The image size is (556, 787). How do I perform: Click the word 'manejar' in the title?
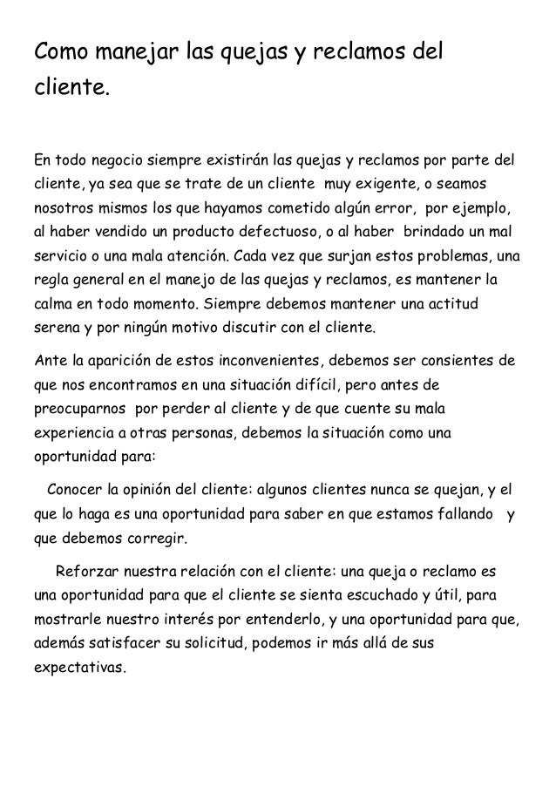click(x=128, y=52)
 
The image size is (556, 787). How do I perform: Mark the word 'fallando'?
click(x=460, y=512)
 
